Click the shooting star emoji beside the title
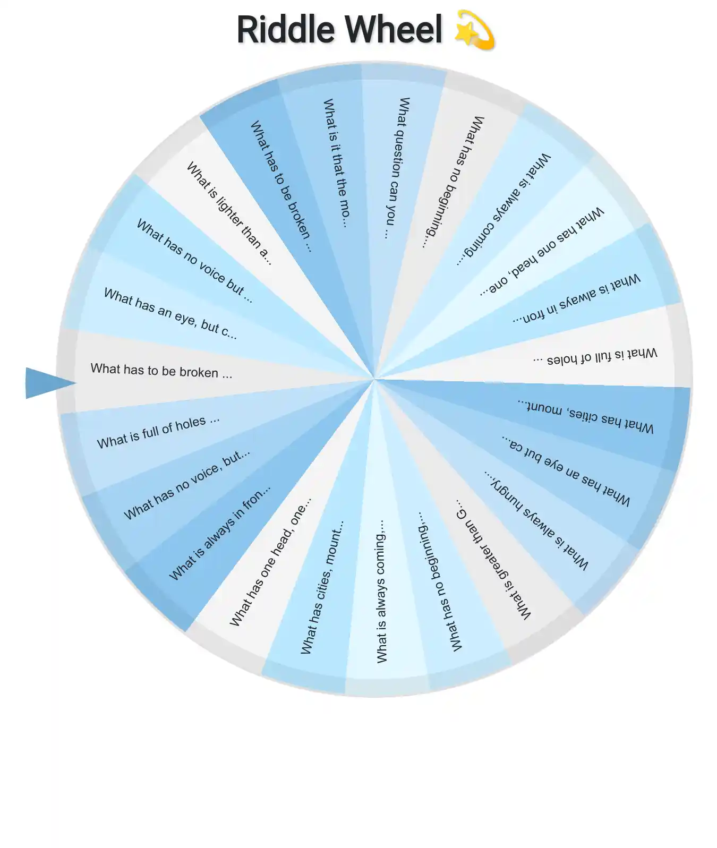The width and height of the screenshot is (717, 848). (475, 30)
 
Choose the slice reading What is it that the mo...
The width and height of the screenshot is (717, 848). (335, 162)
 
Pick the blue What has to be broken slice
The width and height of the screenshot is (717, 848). (280, 186)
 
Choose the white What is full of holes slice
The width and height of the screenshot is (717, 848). (595, 356)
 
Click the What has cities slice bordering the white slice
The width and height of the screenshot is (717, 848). (322, 587)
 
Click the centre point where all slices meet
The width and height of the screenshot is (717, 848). (374, 379)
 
